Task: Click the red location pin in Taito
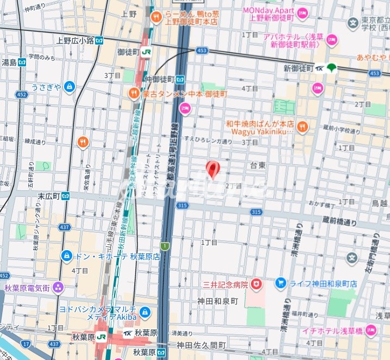[x=212, y=169]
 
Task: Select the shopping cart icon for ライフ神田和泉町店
[x=280, y=283]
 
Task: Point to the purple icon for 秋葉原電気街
[x=58, y=287]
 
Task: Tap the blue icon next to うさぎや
[x=69, y=86]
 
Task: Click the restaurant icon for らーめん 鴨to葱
[x=156, y=17]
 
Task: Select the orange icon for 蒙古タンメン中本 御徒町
[x=134, y=94]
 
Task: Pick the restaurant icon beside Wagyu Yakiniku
[x=303, y=127]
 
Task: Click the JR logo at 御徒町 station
[x=146, y=52]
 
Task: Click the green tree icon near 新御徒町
[x=331, y=68]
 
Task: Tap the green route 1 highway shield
[x=165, y=246]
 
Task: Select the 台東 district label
[x=258, y=165]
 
